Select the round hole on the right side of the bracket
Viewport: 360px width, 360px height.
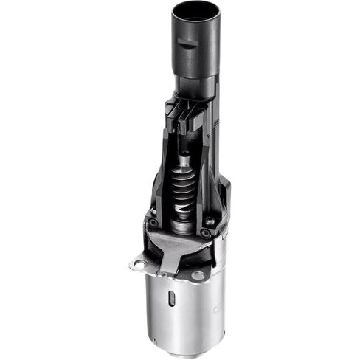point(198,276)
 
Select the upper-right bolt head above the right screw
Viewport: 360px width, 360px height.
point(210,220)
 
